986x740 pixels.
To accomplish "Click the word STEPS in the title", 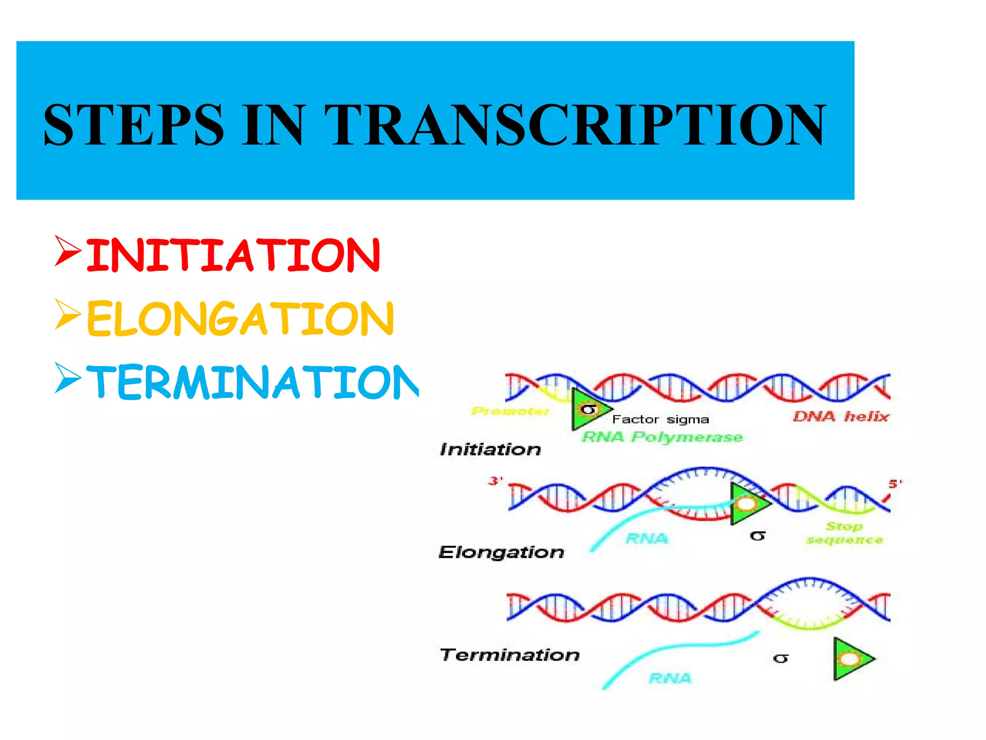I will (134, 124).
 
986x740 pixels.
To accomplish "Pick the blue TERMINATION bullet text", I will (253, 382).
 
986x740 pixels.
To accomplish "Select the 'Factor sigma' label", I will (661, 419).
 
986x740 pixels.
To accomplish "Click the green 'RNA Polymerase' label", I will (662, 437).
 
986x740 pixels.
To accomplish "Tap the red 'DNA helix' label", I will (841, 416).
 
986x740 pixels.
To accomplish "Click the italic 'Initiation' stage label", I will (490, 449).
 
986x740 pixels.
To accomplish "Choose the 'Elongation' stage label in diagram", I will (501, 552).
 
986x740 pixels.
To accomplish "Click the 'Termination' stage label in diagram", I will (509, 655).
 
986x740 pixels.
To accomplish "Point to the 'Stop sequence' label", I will (844, 533).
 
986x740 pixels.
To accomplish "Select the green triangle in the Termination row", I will (849, 659).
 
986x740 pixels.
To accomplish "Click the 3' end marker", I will (495, 481).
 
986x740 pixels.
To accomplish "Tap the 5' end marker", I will (895, 483).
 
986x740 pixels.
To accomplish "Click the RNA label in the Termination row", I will (670, 678).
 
